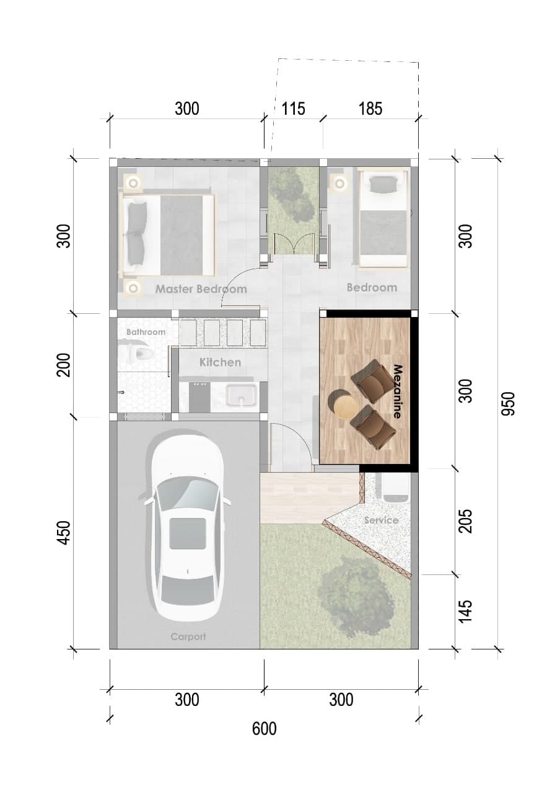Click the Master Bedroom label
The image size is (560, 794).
[201, 289]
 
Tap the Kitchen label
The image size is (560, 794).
[220, 362]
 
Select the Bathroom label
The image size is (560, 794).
[146, 332]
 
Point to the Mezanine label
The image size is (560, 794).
[397, 391]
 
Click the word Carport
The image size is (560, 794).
[188, 636]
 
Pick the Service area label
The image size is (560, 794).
[381, 520]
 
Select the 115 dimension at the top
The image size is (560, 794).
[293, 109]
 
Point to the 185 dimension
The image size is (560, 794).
[370, 109]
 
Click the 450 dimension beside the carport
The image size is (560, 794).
[64, 533]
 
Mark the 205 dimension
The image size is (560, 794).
[465, 521]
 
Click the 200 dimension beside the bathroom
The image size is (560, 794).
[64, 365]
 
